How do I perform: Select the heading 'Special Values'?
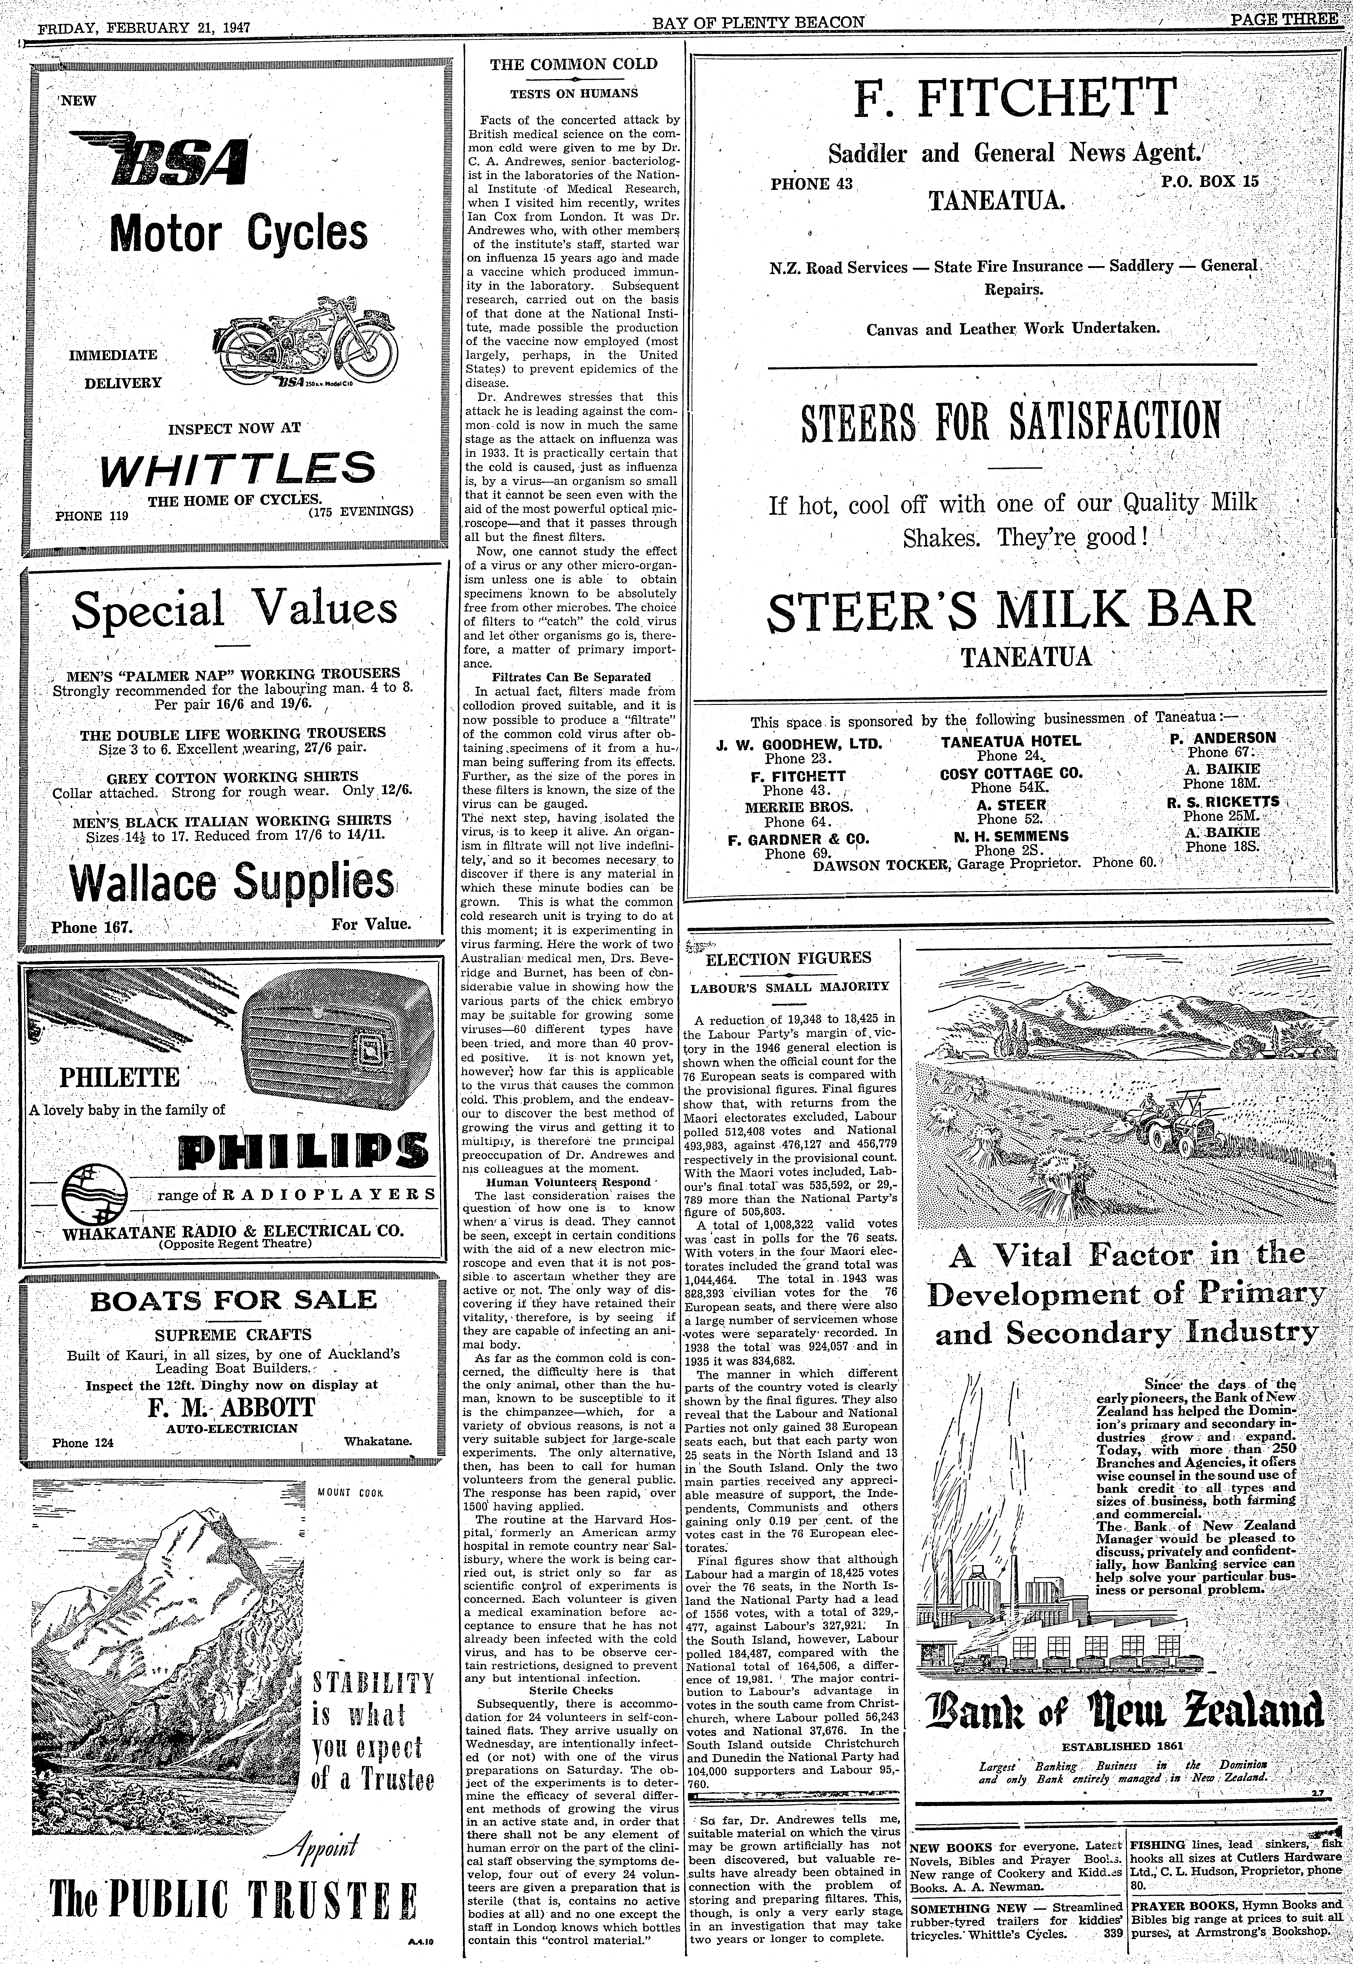point(235,609)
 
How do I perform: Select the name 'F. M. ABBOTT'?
point(231,1407)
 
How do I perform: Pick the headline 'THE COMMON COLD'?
point(574,63)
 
